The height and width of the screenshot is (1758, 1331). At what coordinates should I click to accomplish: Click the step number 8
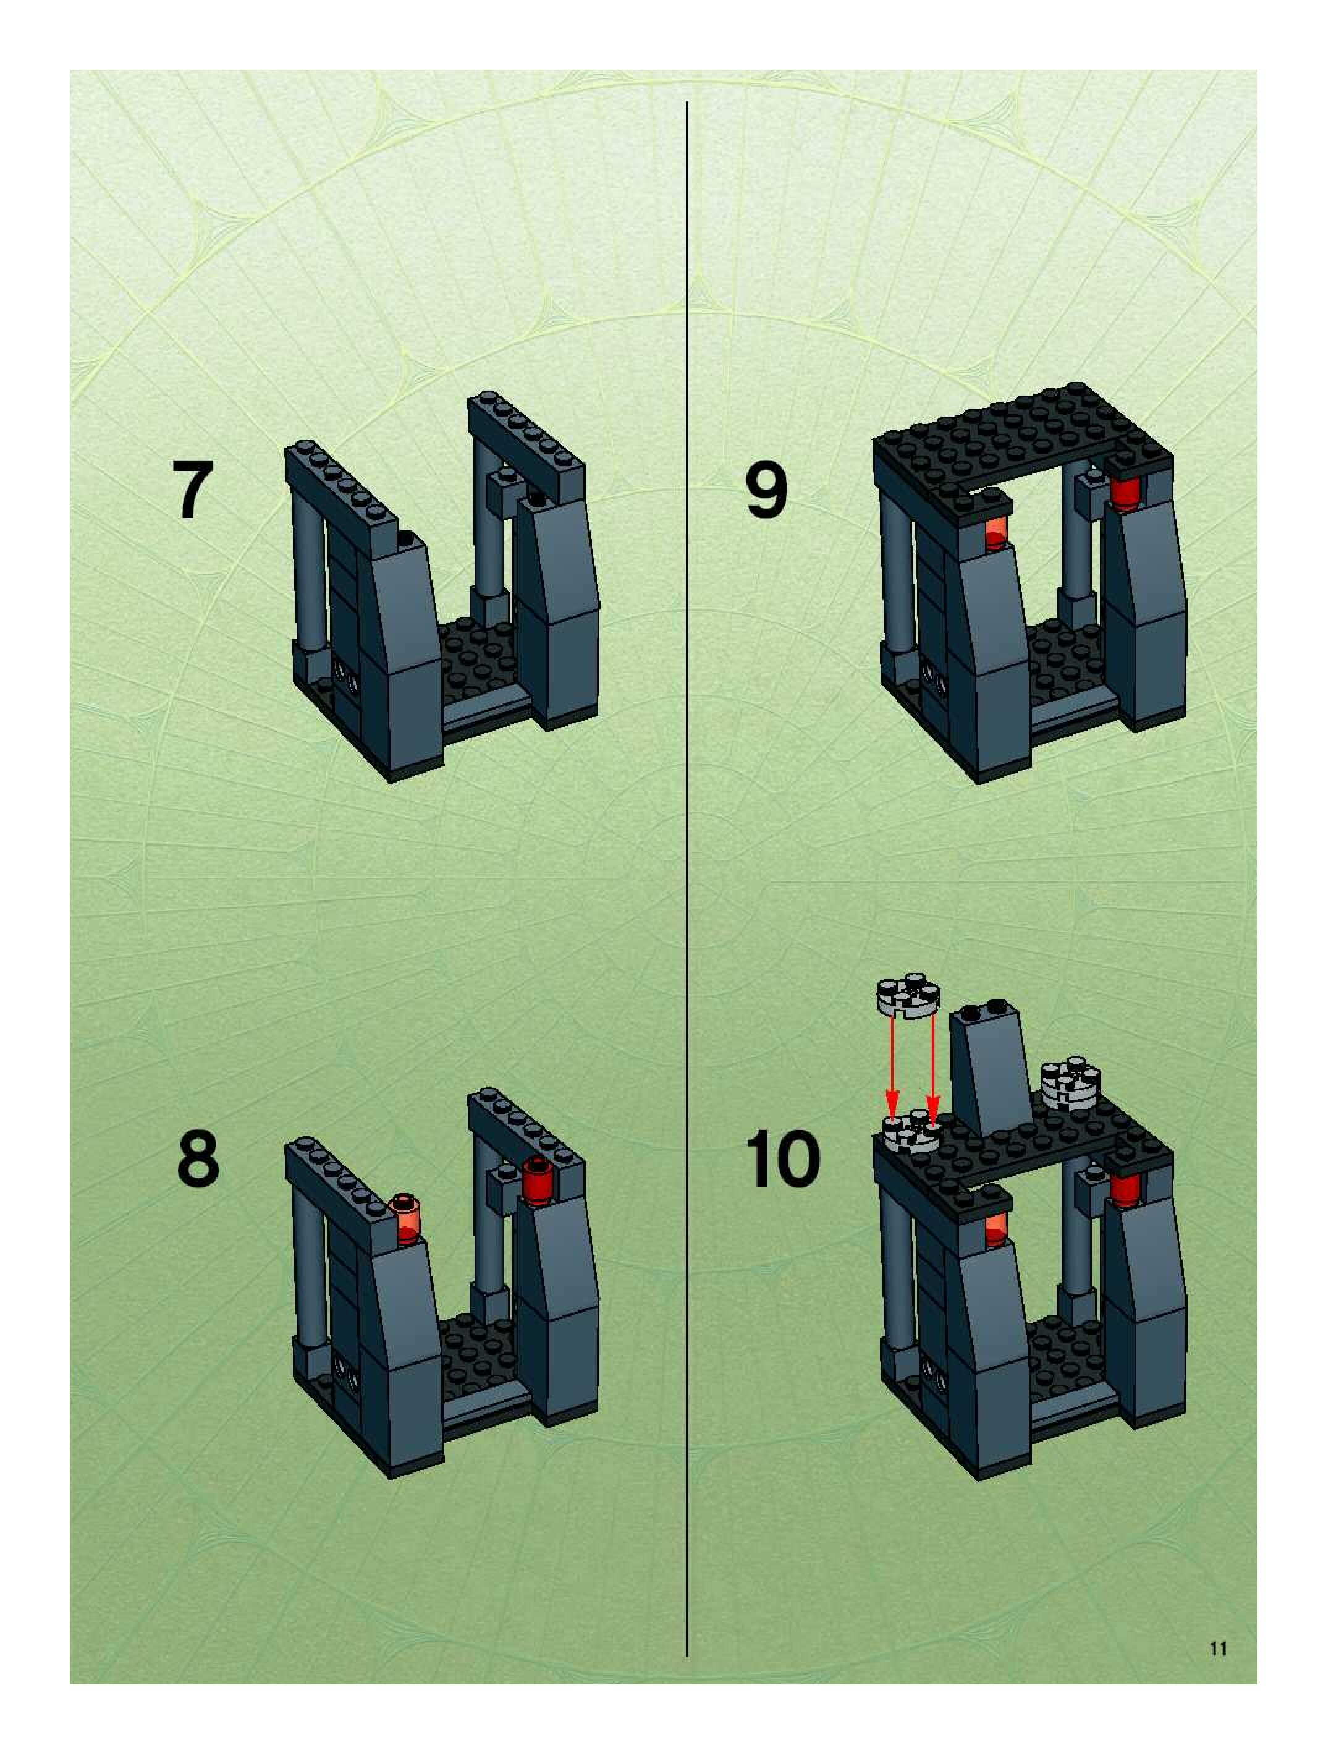tap(197, 1158)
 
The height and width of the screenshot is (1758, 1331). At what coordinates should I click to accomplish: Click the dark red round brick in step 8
tap(538, 1182)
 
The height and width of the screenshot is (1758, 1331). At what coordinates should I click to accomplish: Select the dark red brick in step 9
tap(1125, 492)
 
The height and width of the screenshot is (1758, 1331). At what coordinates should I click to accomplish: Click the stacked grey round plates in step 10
tap(1070, 1082)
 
